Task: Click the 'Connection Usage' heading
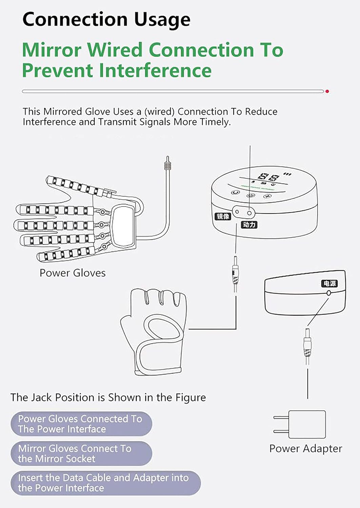coord(106,19)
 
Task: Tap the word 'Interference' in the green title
coord(155,70)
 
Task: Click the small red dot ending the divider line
coord(327,91)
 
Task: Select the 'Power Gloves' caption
coord(73,273)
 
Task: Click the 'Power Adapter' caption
coord(305,448)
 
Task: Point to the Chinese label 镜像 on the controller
coord(223,216)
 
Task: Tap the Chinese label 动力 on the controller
coord(249,225)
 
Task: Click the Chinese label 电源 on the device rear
coord(329,283)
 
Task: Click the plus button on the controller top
coord(268,196)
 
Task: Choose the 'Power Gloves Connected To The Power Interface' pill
coord(81,424)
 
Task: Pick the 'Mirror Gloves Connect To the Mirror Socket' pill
coord(81,453)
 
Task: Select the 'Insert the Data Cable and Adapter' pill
coord(105,483)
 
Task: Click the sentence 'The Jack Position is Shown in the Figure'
coord(108,397)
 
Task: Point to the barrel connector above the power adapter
coord(307,345)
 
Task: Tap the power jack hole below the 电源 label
coord(328,293)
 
